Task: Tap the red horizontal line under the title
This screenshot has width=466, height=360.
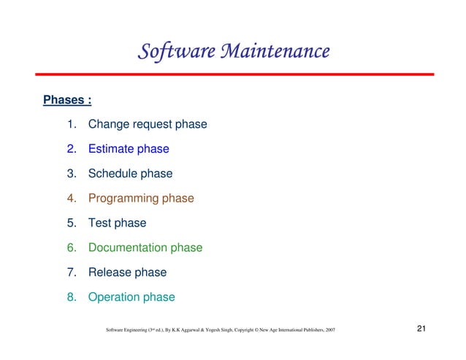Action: (233, 74)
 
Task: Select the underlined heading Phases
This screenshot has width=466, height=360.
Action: (67, 99)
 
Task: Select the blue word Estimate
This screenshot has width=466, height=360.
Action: (111, 149)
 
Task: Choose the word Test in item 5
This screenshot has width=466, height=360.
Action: (100, 223)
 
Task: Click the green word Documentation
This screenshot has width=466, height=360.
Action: (128, 248)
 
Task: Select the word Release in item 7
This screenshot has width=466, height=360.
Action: (110, 273)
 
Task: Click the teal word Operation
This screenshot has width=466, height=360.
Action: (114, 298)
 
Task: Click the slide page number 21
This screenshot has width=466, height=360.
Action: (421, 331)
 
